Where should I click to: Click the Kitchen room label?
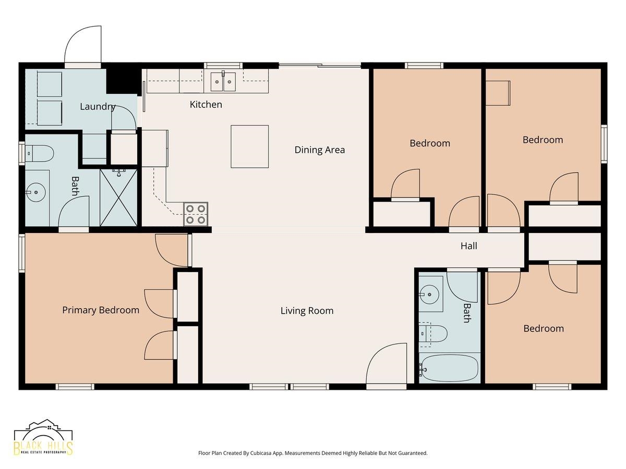pos(206,105)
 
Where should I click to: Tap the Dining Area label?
pos(319,150)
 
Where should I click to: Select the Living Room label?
pos(307,311)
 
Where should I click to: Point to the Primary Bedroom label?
pos(101,310)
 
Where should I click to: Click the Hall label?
pos(468,246)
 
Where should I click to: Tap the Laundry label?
pos(98,107)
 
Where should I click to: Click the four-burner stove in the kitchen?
pos(196,214)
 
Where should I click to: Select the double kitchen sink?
pos(223,81)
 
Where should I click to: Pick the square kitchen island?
pos(249,146)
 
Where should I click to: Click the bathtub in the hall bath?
pos(448,368)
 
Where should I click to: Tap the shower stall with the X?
pos(118,198)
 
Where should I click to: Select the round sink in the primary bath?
pos(35,192)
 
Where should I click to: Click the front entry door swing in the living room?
pos(387,363)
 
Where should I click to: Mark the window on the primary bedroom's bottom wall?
pos(75,387)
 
